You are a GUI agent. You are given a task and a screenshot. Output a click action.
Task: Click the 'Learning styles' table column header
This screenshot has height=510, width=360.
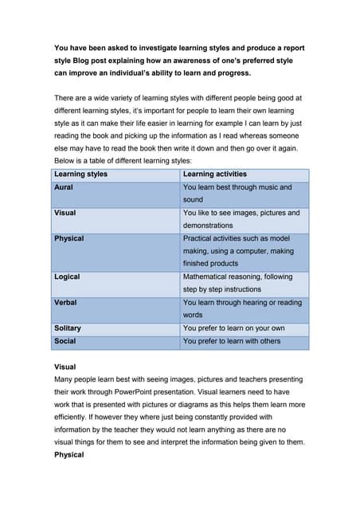(x=80, y=174)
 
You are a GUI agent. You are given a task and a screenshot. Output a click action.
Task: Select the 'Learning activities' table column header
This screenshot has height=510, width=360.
(x=215, y=174)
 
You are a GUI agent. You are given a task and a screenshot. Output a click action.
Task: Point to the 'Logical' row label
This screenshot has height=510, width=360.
(x=67, y=277)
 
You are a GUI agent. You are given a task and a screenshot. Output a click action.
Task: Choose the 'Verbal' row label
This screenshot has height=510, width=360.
(x=65, y=303)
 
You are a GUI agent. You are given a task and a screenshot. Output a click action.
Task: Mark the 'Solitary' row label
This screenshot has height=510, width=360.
(x=68, y=328)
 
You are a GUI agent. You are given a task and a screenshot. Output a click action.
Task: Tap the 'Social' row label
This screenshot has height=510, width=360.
(x=65, y=341)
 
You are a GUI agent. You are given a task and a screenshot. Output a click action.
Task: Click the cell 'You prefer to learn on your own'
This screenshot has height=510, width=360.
(x=233, y=328)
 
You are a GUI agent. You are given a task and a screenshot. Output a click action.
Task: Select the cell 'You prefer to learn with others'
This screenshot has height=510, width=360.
(x=232, y=341)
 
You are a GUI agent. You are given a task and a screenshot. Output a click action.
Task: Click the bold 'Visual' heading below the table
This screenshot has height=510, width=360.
(x=65, y=367)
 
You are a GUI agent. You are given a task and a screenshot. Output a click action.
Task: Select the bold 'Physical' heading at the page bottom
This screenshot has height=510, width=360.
(x=68, y=455)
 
